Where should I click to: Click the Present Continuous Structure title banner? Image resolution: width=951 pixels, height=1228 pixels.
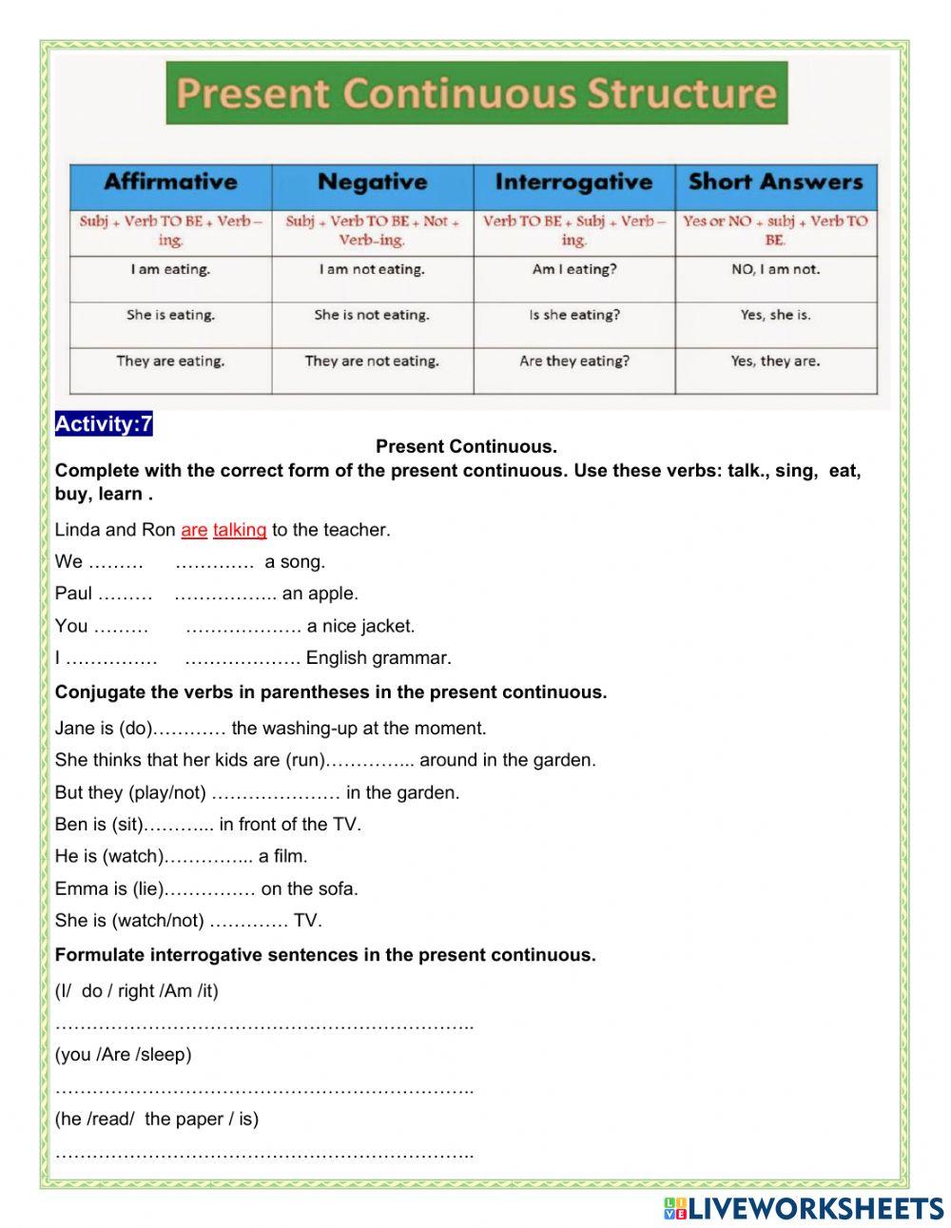pyautogui.click(x=476, y=93)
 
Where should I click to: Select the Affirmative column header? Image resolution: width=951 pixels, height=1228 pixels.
pyautogui.click(x=170, y=182)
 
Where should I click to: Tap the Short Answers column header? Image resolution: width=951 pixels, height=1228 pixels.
pyautogui.click(x=775, y=182)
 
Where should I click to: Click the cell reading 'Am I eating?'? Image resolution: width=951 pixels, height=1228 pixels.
pyautogui.click(x=573, y=269)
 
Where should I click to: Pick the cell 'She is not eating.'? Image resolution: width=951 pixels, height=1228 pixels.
pyautogui.click(x=372, y=315)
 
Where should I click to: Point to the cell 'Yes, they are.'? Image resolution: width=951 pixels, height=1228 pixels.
pyautogui.click(x=775, y=361)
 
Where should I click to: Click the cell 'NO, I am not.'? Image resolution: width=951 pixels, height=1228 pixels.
pyautogui.click(x=775, y=269)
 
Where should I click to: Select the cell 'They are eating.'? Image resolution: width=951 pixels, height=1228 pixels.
pyautogui.click(x=170, y=361)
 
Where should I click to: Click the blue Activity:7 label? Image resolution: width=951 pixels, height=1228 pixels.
pyautogui.click(x=104, y=424)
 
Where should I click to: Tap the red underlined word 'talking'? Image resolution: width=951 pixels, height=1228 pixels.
pyautogui.click(x=240, y=530)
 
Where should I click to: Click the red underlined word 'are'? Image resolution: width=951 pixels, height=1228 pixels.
pyautogui.click(x=194, y=530)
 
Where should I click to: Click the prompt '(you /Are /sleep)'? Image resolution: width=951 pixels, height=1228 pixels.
pyautogui.click(x=123, y=1054)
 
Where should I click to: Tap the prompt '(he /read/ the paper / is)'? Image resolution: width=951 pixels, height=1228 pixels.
pyautogui.click(x=156, y=1119)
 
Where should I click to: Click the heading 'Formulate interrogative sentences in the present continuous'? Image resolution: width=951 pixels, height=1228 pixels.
pyautogui.click(x=325, y=955)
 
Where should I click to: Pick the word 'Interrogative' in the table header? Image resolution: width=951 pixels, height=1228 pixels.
pyautogui.click(x=573, y=182)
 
